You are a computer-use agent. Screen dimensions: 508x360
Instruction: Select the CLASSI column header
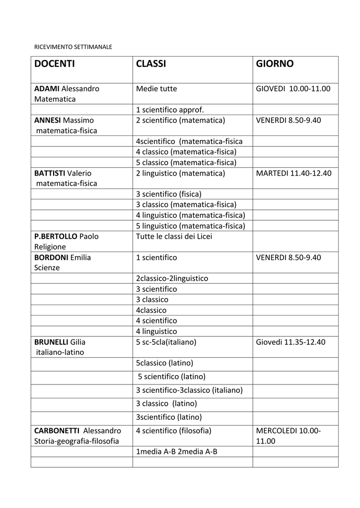click(x=151, y=64)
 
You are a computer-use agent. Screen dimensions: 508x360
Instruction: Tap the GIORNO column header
click(x=275, y=64)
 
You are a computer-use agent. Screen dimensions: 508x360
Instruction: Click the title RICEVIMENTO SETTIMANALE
click(x=73, y=47)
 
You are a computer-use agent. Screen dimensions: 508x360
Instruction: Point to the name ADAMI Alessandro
click(x=67, y=89)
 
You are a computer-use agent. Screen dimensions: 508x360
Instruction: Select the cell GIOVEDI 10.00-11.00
click(x=293, y=89)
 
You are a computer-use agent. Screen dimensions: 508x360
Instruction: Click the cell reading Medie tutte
click(x=156, y=89)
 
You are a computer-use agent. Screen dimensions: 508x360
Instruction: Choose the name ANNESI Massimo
click(x=64, y=120)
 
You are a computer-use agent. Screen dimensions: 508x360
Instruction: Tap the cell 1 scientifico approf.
click(x=170, y=110)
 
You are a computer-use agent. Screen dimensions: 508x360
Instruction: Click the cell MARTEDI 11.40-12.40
click(x=293, y=173)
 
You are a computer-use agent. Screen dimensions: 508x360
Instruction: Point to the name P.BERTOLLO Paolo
click(x=66, y=236)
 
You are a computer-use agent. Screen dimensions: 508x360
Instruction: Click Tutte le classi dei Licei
click(x=174, y=236)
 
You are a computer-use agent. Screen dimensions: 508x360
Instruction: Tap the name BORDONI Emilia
click(x=63, y=257)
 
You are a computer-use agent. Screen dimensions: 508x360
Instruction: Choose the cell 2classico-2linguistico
click(x=172, y=278)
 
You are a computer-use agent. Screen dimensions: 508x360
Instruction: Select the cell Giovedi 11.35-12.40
click(x=290, y=342)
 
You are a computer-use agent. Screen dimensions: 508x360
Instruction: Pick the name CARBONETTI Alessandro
click(x=77, y=431)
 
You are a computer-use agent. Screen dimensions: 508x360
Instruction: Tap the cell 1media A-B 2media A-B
click(x=177, y=452)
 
